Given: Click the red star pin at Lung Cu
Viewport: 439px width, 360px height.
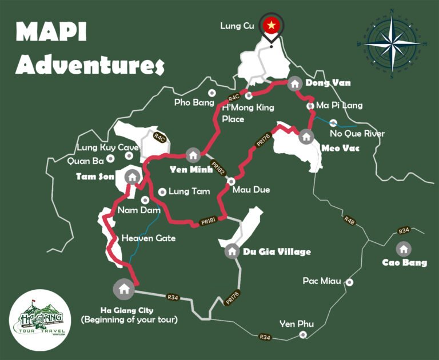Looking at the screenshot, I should (272, 25).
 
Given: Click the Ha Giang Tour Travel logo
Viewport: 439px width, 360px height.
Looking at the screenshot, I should (39, 319).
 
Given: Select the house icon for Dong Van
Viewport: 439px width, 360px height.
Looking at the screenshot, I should (295, 83).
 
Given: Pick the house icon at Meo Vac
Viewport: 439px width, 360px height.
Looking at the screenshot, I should (306, 136).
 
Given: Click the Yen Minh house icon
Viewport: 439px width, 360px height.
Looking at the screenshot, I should (193, 155).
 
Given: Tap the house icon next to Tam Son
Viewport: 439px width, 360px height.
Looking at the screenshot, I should (132, 177).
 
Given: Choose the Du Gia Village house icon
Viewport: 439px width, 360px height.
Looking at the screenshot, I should (232, 250).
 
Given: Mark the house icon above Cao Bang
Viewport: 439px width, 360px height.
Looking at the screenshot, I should (404, 249).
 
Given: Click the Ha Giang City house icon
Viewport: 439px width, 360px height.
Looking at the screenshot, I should (123, 288).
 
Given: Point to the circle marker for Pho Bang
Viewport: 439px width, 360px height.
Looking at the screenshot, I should (211, 93).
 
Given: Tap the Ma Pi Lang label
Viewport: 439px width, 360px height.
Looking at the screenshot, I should (339, 106).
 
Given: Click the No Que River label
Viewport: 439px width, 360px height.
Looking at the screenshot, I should (357, 134).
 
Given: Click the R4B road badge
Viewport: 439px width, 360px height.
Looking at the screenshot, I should (349, 220).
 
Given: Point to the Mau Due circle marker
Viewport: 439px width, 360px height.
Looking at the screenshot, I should (231, 181).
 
